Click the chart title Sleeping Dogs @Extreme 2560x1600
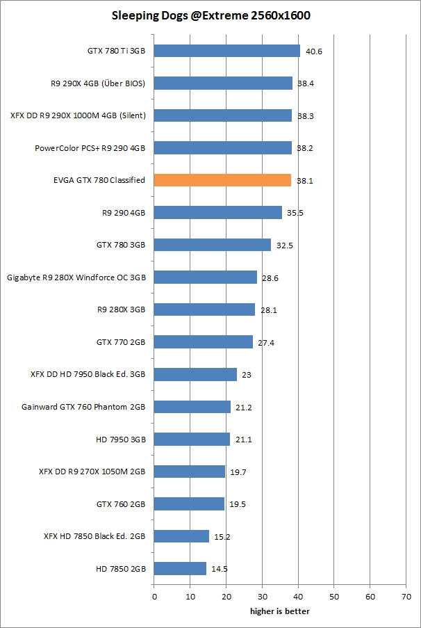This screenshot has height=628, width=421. pos(210,15)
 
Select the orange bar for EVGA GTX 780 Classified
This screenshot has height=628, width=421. pos(222,180)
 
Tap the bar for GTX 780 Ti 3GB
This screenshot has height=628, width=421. pos(226,51)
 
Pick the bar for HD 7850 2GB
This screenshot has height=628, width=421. pos(180,568)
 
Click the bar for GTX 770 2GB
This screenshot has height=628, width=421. pos(203,341)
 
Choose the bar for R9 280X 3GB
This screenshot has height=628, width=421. pos(204,309)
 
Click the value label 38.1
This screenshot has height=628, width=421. pos(305,181)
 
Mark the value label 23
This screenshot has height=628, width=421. pos(247,375)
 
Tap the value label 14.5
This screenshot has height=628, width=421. pos(220,569)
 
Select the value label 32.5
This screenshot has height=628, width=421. pos(285,245)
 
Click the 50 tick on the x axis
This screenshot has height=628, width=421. pos(334,597)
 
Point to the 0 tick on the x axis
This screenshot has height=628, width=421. pos(154,597)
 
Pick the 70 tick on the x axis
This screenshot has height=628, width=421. pos(406,597)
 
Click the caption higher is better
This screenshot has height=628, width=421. pos(280,611)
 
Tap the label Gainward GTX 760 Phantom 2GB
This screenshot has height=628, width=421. pos(83,406)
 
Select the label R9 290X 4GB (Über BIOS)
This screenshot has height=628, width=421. pos(98,83)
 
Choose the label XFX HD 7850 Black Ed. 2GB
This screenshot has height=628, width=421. pos(94,536)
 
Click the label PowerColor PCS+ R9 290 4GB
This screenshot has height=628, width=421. pos(90,148)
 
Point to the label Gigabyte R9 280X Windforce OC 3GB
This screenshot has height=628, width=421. pos(76,277)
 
